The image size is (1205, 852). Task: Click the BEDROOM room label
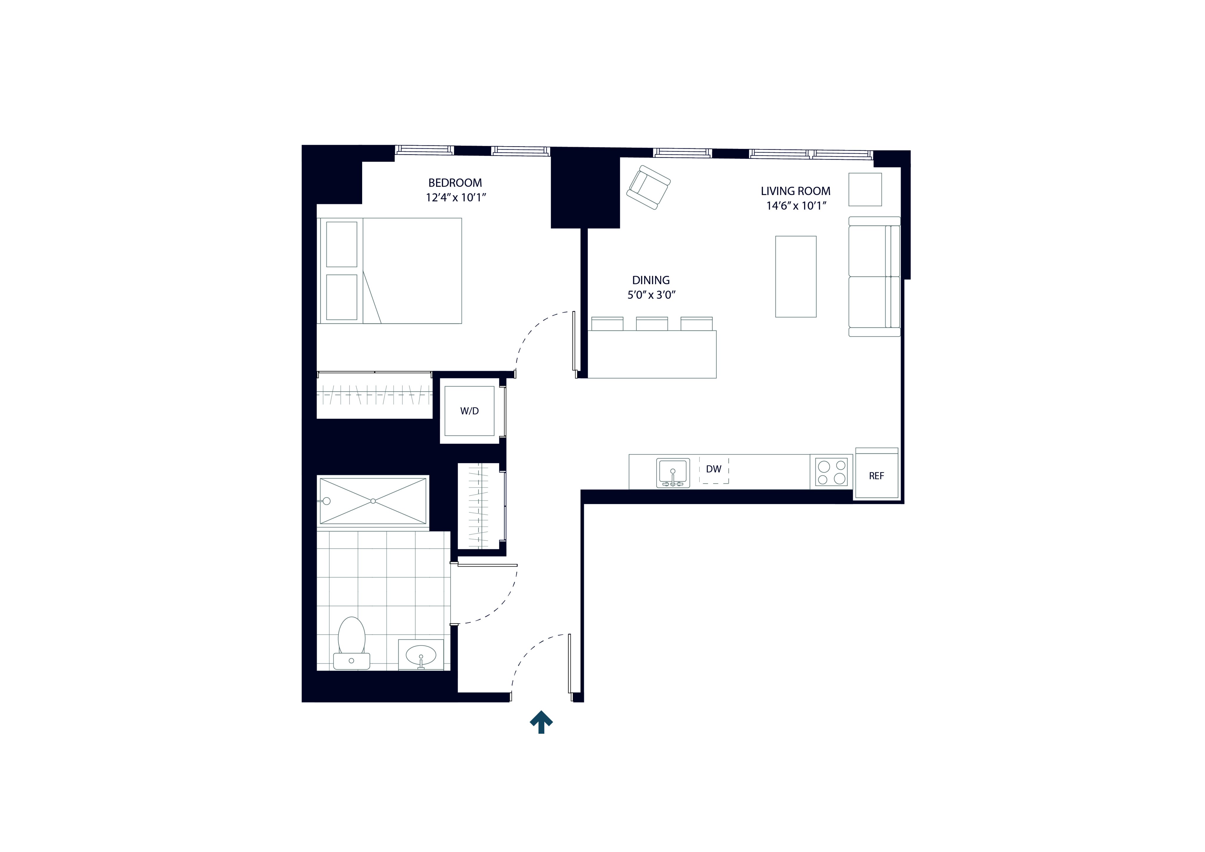(x=455, y=183)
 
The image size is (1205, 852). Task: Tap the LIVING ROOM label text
(x=796, y=191)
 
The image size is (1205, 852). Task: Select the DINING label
(x=651, y=280)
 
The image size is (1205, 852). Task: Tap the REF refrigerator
(x=876, y=476)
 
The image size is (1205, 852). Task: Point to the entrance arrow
(x=541, y=722)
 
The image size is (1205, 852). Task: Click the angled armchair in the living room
(x=649, y=187)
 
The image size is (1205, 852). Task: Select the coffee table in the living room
(x=796, y=277)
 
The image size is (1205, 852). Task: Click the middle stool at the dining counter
(x=652, y=323)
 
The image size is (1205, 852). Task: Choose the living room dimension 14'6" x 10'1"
(x=796, y=206)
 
